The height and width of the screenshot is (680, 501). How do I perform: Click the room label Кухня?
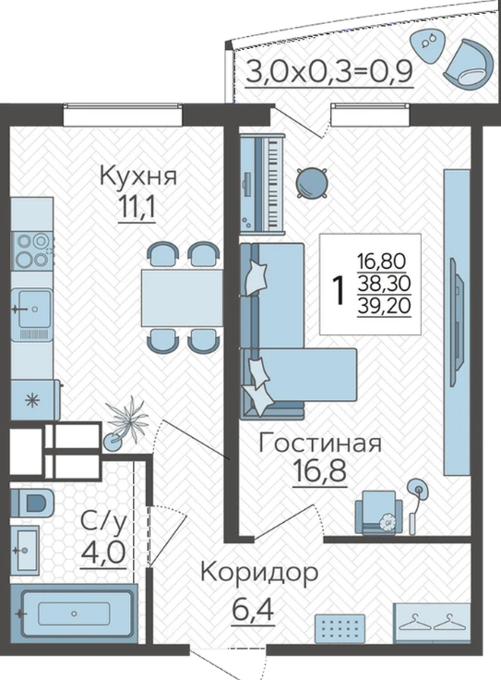[138, 176]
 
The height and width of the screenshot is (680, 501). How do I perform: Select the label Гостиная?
[320, 443]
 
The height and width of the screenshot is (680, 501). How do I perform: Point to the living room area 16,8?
[319, 469]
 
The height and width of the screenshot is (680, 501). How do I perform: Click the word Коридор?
[259, 574]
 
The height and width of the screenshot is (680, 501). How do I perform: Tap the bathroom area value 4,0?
[103, 552]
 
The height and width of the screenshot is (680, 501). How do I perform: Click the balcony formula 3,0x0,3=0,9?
[329, 72]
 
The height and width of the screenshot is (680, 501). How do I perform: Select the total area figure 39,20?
[384, 307]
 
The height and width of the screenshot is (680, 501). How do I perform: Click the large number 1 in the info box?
[339, 290]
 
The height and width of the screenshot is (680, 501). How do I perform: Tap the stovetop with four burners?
[31, 250]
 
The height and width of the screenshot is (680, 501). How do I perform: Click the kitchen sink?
[32, 309]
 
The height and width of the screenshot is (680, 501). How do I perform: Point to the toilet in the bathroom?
[31, 503]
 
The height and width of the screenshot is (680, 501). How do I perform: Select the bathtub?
[74, 613]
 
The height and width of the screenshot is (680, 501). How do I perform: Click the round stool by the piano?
[312, 183]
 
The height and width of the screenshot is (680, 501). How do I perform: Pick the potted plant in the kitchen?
[125, 425]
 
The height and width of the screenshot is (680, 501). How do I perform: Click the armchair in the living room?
[378, 512]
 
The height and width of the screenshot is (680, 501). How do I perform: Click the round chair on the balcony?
[469, 64]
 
